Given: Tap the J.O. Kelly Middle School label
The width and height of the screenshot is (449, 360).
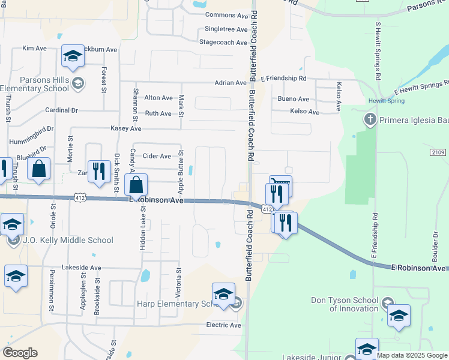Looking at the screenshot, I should pyautogui.click(x=67, y=241).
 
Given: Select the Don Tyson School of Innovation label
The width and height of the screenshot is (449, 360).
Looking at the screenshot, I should pyautogui.click(x=345, y=304).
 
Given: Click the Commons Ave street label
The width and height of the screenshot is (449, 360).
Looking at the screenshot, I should pyautogui.click(x=226, y=15).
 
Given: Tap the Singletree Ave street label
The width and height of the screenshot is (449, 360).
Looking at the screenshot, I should pyautogui.click(x=226, y=29).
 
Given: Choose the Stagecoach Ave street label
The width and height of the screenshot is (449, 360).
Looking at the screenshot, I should pyautogui.click(x=223, y=43).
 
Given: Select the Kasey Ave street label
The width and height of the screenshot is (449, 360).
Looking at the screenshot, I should pyautogui.click(x=125, y=128).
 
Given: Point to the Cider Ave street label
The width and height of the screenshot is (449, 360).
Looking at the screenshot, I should pyautogui.click(x=157, y=156).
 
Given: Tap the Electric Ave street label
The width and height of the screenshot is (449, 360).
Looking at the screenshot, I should pyautogui.click(x=223, y=325).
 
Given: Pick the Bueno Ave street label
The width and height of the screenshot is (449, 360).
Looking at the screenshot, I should pyautogui.click(x=293, y=99).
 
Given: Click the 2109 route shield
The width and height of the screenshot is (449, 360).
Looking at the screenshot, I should pyautogui.click(x=438, y=152).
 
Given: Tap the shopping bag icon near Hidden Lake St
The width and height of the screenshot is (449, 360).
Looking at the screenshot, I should pyautogui.click(x=137, y=184).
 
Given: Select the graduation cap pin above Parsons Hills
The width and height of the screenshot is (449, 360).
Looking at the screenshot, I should pyautogui.click(x=73, y=56).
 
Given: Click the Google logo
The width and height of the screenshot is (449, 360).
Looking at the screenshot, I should pyautogui.click(x=20, y=353).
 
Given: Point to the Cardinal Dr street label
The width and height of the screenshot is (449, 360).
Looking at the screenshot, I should pyautogui.click(x=62, y=110).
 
